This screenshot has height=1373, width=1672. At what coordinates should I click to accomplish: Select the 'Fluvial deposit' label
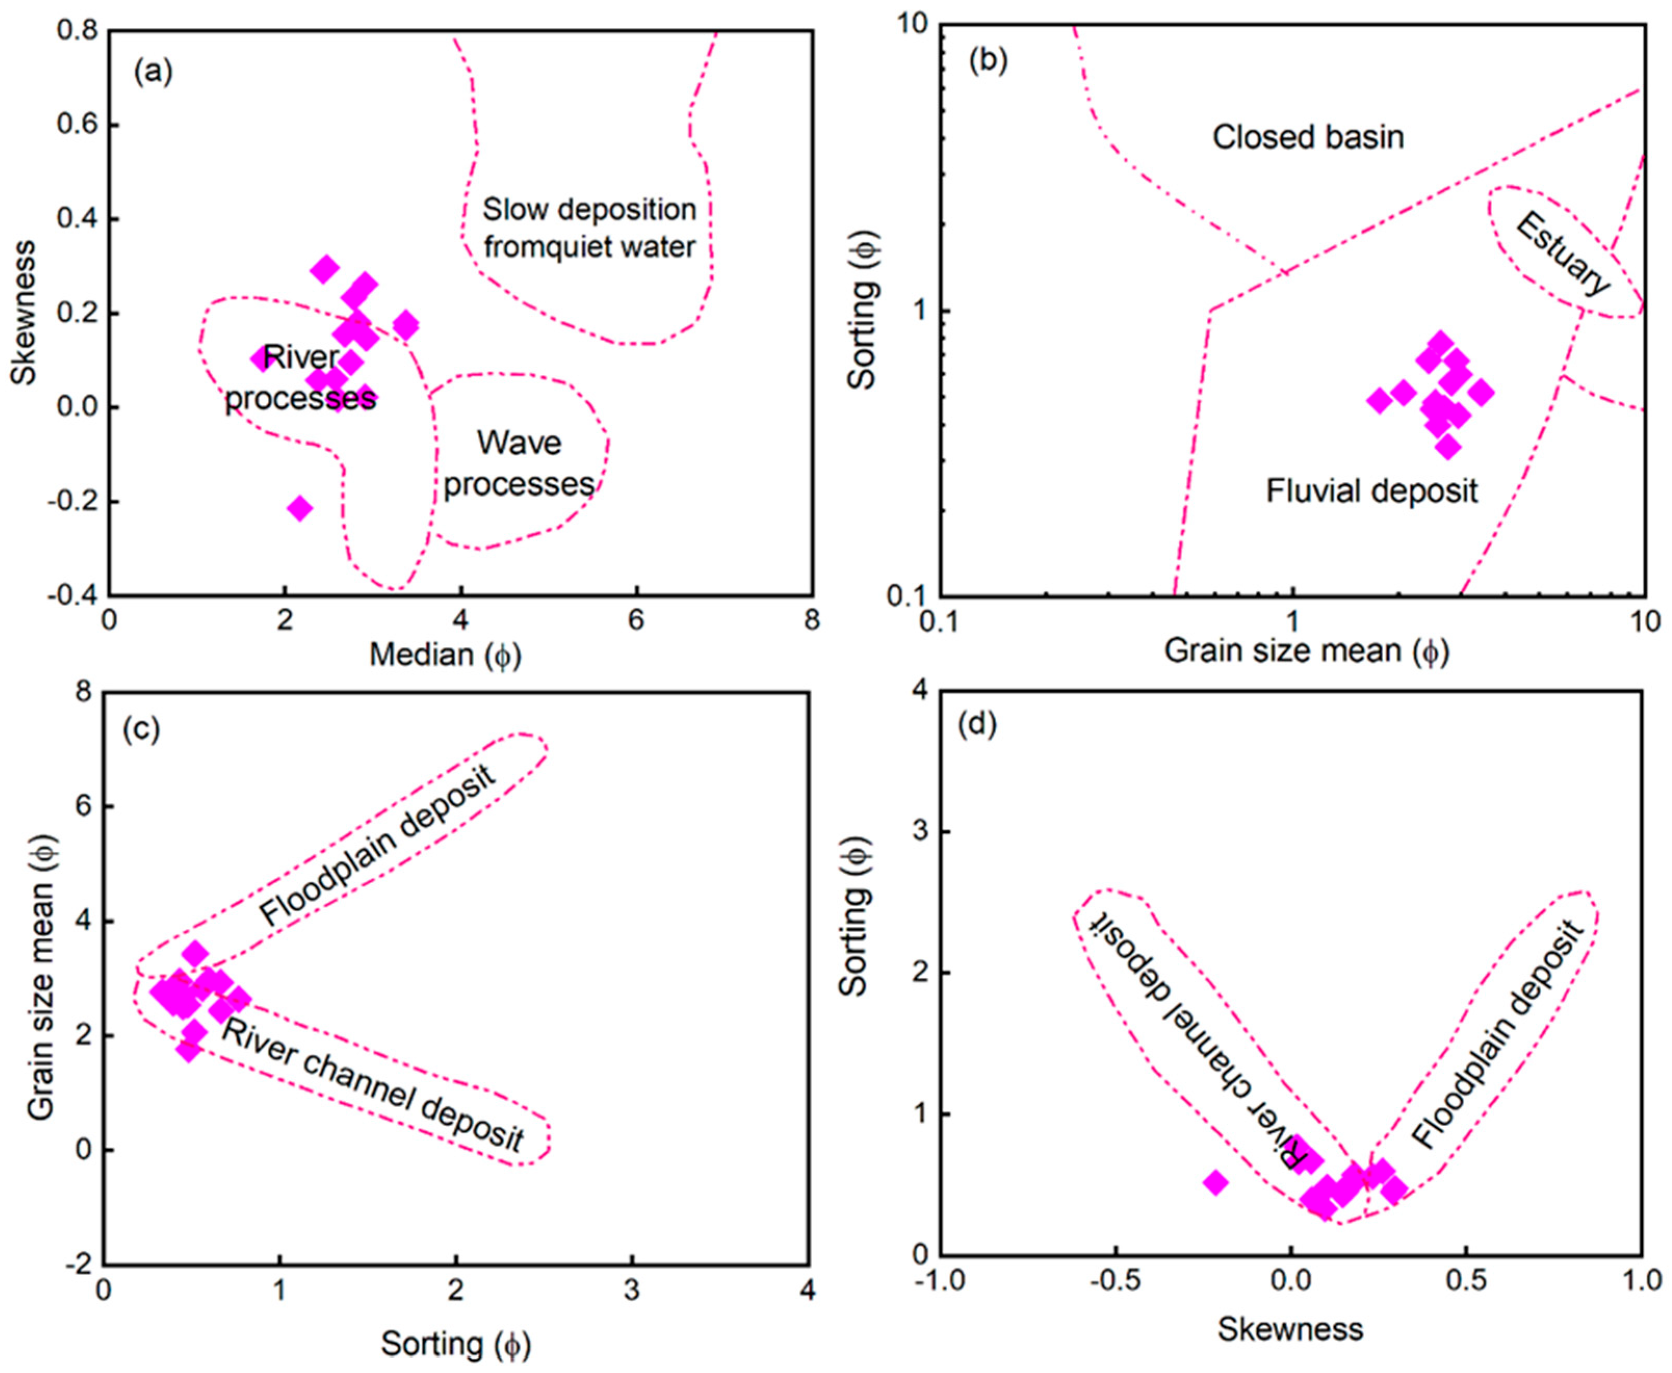pyautogui.click(x=1371, y=491)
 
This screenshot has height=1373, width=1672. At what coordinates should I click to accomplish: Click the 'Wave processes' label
pyautogui.click(x=518, y=463)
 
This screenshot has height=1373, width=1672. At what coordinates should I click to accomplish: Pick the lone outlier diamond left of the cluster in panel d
pyautogui.click(x=1216, y=1183)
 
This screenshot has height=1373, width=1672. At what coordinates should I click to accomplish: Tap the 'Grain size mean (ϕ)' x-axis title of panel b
pyautogui.click(x=1306, y=652)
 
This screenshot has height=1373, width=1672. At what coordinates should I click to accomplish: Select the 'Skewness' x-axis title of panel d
pyautogui.click(x=1290, y=1329)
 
